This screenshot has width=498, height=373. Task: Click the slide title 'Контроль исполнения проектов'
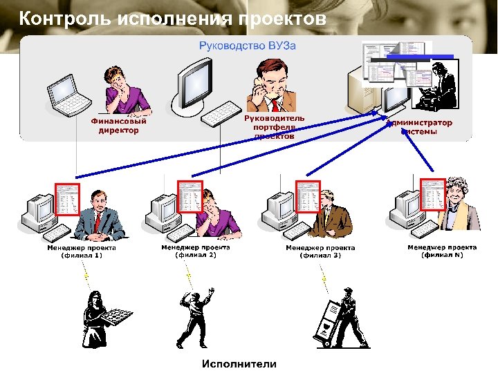click(x=172, y=18)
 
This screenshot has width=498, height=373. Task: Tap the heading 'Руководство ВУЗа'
click(x=247, y=46)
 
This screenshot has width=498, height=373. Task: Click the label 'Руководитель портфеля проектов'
click(x=273, y=127)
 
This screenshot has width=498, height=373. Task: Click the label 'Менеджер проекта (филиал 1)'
click(x=82, y=251)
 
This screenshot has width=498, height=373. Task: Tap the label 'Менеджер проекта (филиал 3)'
click(x=320, y=251)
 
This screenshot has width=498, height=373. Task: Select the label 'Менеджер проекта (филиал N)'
click(x=442, y=251)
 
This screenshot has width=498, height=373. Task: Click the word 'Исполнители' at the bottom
click(x=239, y=363)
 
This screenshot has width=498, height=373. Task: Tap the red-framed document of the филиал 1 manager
click(x=68, y=200)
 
